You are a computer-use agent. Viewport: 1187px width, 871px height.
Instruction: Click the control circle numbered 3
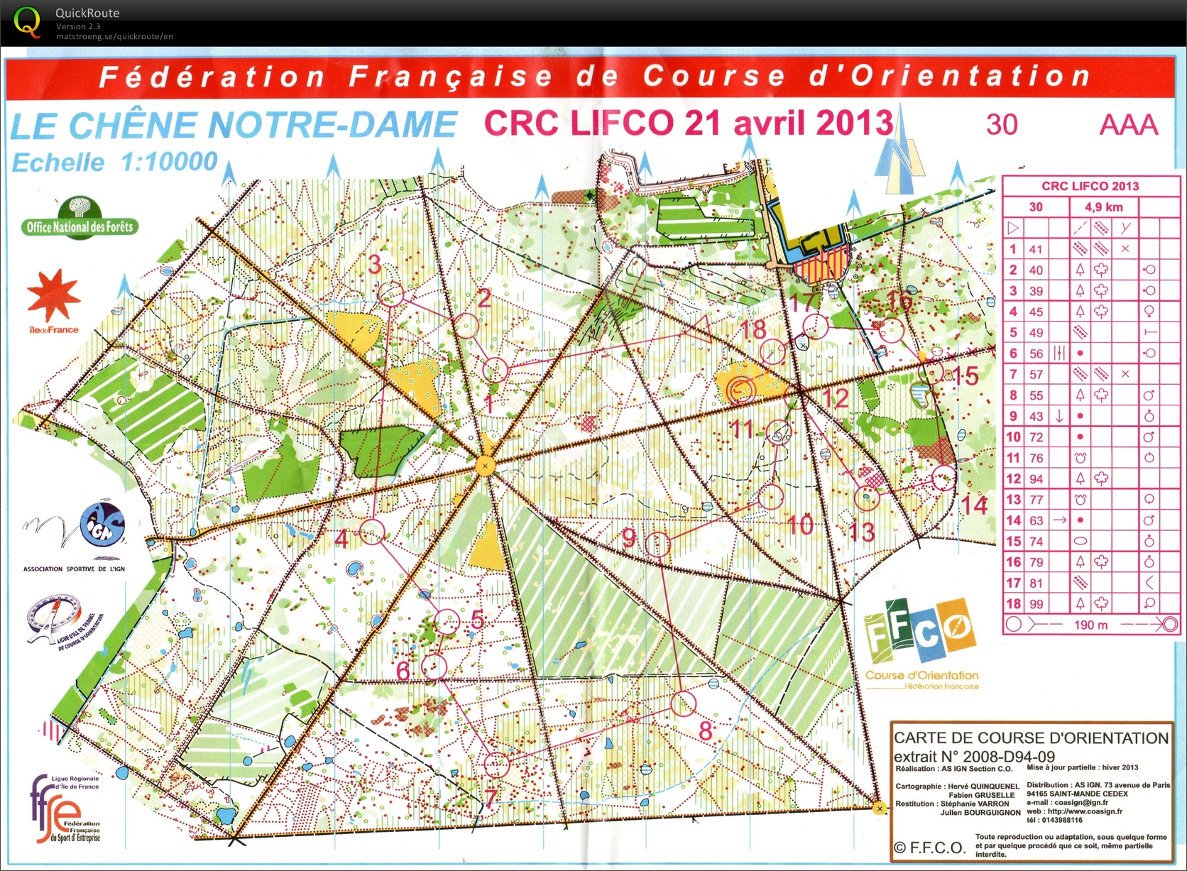pos(390,294)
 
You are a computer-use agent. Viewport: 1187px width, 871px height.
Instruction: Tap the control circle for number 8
pos(683,703)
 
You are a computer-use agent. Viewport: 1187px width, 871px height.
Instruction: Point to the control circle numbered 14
pos(943,478)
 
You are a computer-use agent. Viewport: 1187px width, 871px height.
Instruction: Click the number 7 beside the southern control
pos(491,797)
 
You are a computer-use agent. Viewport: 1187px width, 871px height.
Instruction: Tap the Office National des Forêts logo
pos(79,219)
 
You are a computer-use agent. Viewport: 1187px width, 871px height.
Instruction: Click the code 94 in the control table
pos(1036,479)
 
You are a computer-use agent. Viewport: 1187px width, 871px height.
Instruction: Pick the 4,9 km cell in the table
pos(1103,207)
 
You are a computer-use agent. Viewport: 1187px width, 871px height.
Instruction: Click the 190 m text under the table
pos(1090,625)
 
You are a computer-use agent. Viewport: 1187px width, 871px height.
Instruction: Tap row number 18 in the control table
pos(1013,604)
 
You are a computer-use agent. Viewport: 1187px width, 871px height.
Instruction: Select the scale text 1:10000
pos(169,162)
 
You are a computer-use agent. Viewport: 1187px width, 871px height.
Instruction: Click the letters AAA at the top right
pos(1128,125)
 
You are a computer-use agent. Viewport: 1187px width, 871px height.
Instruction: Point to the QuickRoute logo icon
pos(27,21)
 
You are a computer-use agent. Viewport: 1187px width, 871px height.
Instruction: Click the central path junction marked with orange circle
pos(486,466)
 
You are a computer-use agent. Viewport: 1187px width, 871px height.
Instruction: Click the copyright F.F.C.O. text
pos(929,848)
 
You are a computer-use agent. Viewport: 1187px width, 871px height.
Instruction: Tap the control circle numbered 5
pos(447,622)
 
